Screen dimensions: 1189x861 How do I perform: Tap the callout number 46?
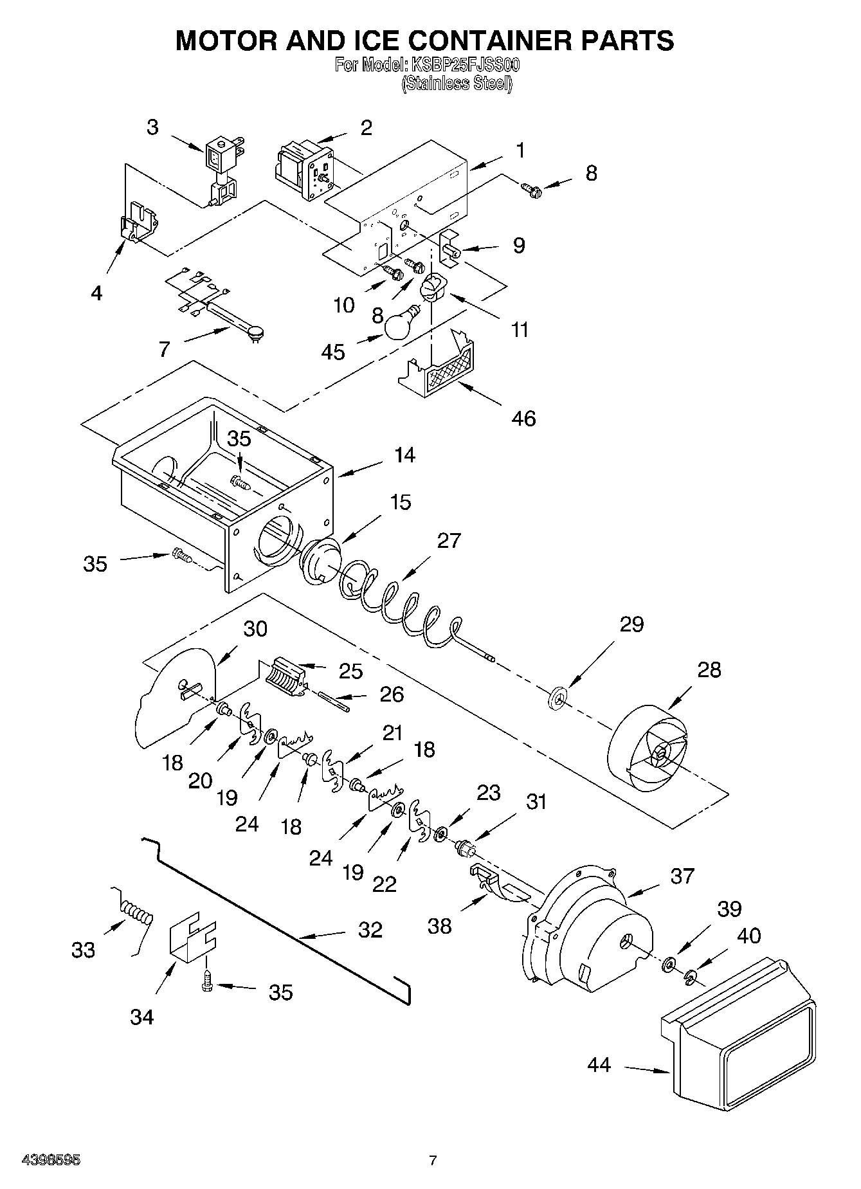click(523, 419)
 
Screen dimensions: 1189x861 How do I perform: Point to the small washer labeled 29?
click(557, 696)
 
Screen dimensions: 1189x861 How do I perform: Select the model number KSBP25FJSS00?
click(465, 65)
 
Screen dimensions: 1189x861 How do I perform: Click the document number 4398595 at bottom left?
click(51, 1160)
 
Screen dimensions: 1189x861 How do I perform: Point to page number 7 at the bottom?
click(433, 1160)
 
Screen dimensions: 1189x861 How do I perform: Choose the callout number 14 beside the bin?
click(404, 455)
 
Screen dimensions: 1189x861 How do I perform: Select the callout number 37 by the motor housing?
click(683, 875)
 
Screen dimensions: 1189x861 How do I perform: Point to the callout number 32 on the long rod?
click(370, 929)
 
